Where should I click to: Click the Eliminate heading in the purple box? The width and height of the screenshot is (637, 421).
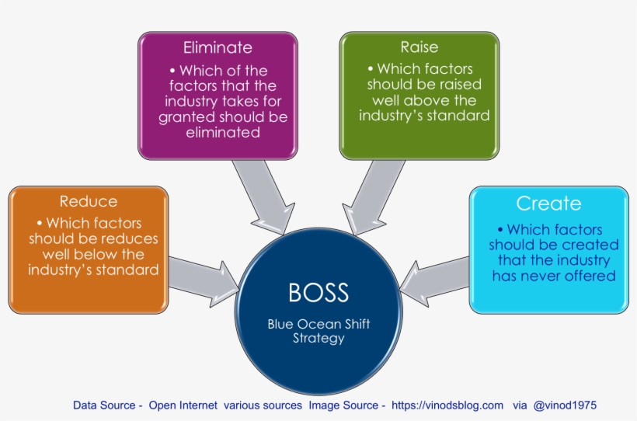[218, 47]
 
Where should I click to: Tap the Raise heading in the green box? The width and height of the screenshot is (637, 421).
[419, 47]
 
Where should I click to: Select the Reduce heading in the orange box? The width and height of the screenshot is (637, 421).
[89, 201]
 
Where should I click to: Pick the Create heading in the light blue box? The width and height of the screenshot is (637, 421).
[548, 204]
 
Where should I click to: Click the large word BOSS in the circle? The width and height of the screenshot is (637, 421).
[318, 293]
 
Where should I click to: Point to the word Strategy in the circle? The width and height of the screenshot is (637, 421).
[318, 338]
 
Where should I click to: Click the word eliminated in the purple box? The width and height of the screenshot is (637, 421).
[223, 132]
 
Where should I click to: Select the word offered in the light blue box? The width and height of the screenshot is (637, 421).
[590, 275]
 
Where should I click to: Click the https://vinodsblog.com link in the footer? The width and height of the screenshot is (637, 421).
[447, 405]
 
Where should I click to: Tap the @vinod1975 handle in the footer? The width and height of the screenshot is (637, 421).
[565, 405]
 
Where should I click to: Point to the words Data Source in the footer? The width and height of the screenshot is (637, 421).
[104, 405]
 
